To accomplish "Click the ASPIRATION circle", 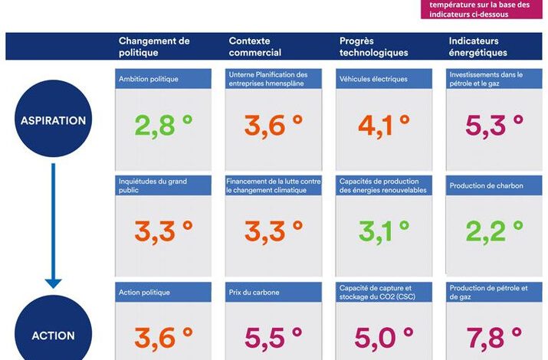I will [x=53, y=120].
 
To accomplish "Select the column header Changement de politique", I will [x=154, y=47].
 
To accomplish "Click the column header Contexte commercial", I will [x=255, y=47].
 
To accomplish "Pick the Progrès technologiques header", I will [x=374, y=47].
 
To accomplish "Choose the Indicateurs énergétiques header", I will [x=477, y=47].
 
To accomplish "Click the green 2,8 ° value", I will [x=164, y=125].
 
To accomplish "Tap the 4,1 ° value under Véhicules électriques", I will [x=384, y=125].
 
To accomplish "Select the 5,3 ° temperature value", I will [x=494, y=125].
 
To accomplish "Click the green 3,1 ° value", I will [x=384, y=231].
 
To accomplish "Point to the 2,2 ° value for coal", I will [x=494, y=231].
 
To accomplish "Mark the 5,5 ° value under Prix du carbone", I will [x=274, y=337].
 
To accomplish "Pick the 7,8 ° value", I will [x=494, y=337].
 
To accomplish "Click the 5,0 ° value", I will [x=384, y=337].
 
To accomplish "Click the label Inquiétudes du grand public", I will [x=152, y=185].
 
